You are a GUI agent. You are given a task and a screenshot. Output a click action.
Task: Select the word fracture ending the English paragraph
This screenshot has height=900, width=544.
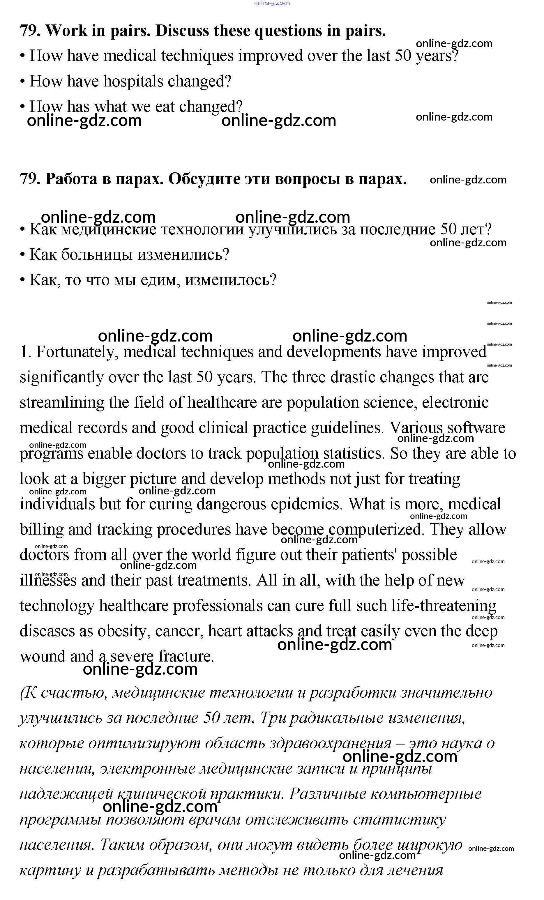pyautogui.click(x=186, y=656)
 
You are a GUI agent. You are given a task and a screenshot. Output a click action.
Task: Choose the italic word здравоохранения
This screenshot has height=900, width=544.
pyautogui.click(x=331, y=743)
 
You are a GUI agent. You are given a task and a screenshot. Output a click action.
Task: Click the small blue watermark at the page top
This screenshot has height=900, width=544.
pyautogui.click(x=272, y=3)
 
